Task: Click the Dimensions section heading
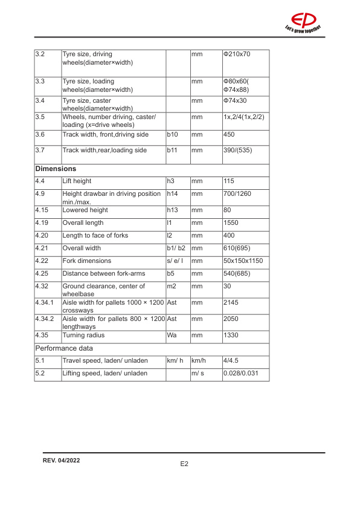pyautogui.click(x=56, y=169)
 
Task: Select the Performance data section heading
pyautogui.click(x=63, y=349)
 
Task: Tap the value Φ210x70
pyautogui.click(x=237, y=54)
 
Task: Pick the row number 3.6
pyautogui.click(x=40, y=134)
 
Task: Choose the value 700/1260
pyautogui.click(x=239, y=193)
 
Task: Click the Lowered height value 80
pyautogui.click(x=227, y=210)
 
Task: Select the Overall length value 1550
pyautogui.click(x=231, y=222)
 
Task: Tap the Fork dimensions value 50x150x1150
pyautogui.click(x=243, y=261)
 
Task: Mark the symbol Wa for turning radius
pyautogui.click(x=172, y=334)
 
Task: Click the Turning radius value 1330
pyautogui.click(x=231, y=334)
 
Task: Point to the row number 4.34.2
pyautogui.click(x=45, y=318)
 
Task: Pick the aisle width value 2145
pyautogui.click(x=231, y=302)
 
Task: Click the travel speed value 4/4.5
pyautogui.click(x=231, y=361)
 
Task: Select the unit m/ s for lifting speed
pyautogui.click(x=198, y=373)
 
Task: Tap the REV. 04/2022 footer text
pyautogui.click(x=62, y=461)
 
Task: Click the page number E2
pyautogui.click(x=184, y=464)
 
